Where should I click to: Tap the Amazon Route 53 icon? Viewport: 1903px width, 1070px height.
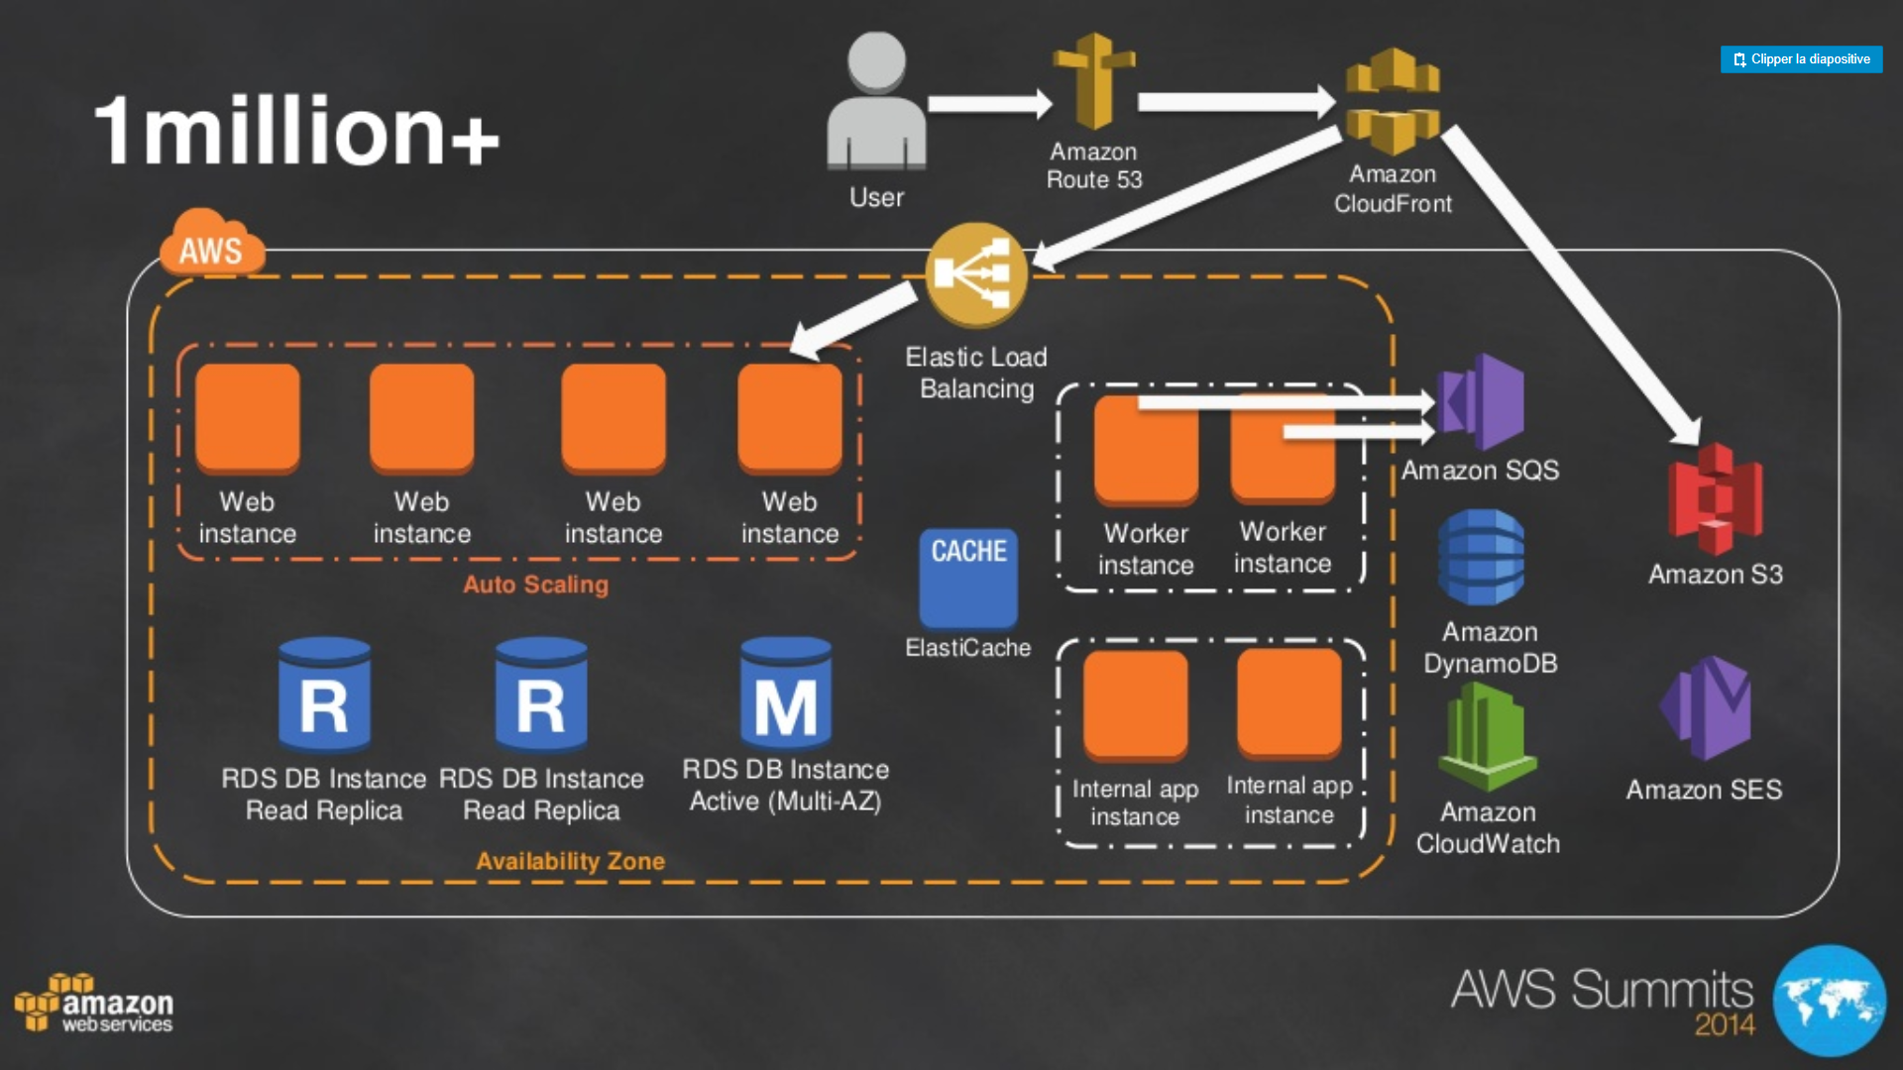1093,81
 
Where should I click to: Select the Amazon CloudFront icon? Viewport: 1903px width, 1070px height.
1392,101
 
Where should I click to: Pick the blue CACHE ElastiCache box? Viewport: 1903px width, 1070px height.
968,577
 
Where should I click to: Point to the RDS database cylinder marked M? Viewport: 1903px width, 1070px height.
786,694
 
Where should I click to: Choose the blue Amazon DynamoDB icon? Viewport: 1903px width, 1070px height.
1482,557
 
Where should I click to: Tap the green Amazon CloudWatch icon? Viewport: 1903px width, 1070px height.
1487,738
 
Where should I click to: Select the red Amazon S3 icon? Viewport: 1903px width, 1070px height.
1715,499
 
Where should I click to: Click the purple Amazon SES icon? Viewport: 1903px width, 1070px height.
1706,708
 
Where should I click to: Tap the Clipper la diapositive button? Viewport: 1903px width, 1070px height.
1801,59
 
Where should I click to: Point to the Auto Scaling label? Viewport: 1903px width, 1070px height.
535,585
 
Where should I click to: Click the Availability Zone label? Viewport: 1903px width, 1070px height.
570,861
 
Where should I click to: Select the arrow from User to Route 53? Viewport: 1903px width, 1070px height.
988,103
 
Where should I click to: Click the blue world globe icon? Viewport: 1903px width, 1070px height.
1829,1001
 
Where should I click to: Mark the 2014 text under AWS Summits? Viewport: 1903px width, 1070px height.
1725,1024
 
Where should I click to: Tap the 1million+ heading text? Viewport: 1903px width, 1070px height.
296,131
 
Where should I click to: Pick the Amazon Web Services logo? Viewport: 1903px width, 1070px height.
94,1005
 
